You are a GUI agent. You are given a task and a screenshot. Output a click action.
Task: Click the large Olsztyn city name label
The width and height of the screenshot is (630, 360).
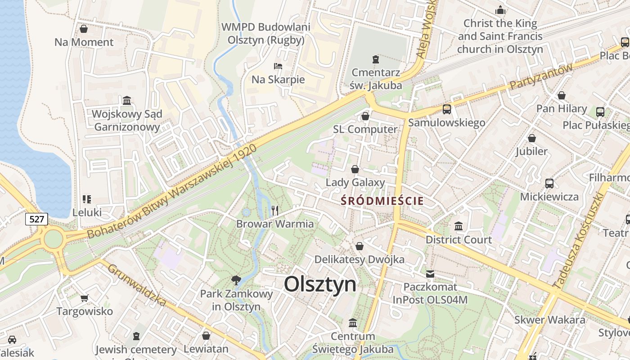pyautogui.click(x=320, y=284)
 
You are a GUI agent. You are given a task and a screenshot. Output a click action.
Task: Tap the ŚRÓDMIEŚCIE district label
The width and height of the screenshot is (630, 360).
pyautogui.click(x=382, y=201)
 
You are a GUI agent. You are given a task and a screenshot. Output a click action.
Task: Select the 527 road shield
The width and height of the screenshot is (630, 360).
pyautogui.click(x=36, y=219)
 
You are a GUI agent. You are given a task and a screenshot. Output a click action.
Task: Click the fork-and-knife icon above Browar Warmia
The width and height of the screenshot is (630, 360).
pyautogui.click(x=275, y=210)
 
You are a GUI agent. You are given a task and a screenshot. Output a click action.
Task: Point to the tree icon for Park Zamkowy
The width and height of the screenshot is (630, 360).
pyautogui.click(x=236, y=281)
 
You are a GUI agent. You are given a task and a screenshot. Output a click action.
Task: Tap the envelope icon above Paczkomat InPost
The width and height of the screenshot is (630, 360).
pyautogui.click(x=430, y=274)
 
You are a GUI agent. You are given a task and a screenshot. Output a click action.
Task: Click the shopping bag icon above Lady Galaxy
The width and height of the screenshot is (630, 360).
pyautogui.click(x=355, y=169)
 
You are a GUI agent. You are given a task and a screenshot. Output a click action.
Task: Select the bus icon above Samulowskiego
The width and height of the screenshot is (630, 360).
pyautogui.click(x=446, y=109)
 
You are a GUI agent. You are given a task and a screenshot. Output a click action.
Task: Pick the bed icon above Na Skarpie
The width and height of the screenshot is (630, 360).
pyautogui.click(x=278, y=66)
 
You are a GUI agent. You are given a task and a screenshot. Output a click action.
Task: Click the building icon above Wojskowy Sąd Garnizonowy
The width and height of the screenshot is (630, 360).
pyautogui.click(x=126, y=100)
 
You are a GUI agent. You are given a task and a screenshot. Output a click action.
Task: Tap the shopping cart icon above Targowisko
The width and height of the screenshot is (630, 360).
pyautogui.click(x=84, y=298)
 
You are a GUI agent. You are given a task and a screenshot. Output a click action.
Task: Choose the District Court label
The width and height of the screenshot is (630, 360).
pyautogui.click(x=459, y=240)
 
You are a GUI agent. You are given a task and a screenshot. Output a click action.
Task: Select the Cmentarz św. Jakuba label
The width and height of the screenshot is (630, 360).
pyautogui.click(x=376, y=78)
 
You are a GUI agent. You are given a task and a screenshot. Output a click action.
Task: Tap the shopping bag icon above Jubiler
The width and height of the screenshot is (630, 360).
pyautogui.click(x=531, y=138)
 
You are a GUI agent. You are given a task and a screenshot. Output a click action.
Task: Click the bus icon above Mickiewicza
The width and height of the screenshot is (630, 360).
pyautogui.click(x=549, y=183)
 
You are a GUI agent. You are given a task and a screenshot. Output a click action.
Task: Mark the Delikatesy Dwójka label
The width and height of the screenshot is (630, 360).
pyautogui.click(x=359, y=260)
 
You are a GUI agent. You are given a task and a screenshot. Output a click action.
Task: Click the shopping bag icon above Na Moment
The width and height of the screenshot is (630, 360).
pyautogui.click(x=84, y=29)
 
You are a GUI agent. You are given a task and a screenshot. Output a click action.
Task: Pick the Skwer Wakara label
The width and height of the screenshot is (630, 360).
pyautogui.click(x=550, y=320)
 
